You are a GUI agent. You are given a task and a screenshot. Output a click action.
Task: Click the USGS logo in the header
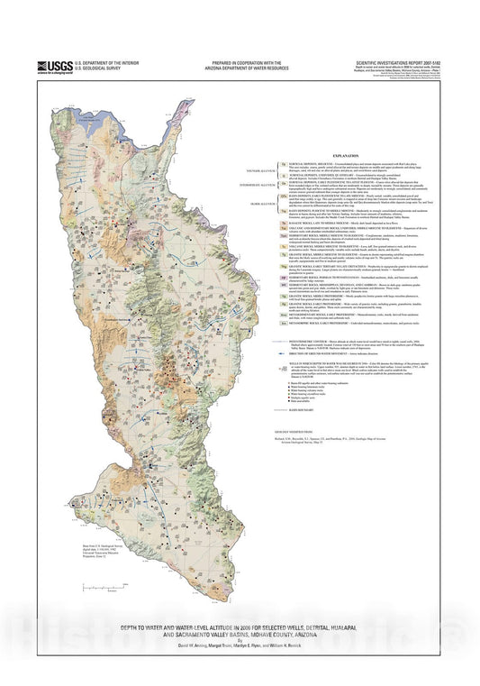pos(55,67)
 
